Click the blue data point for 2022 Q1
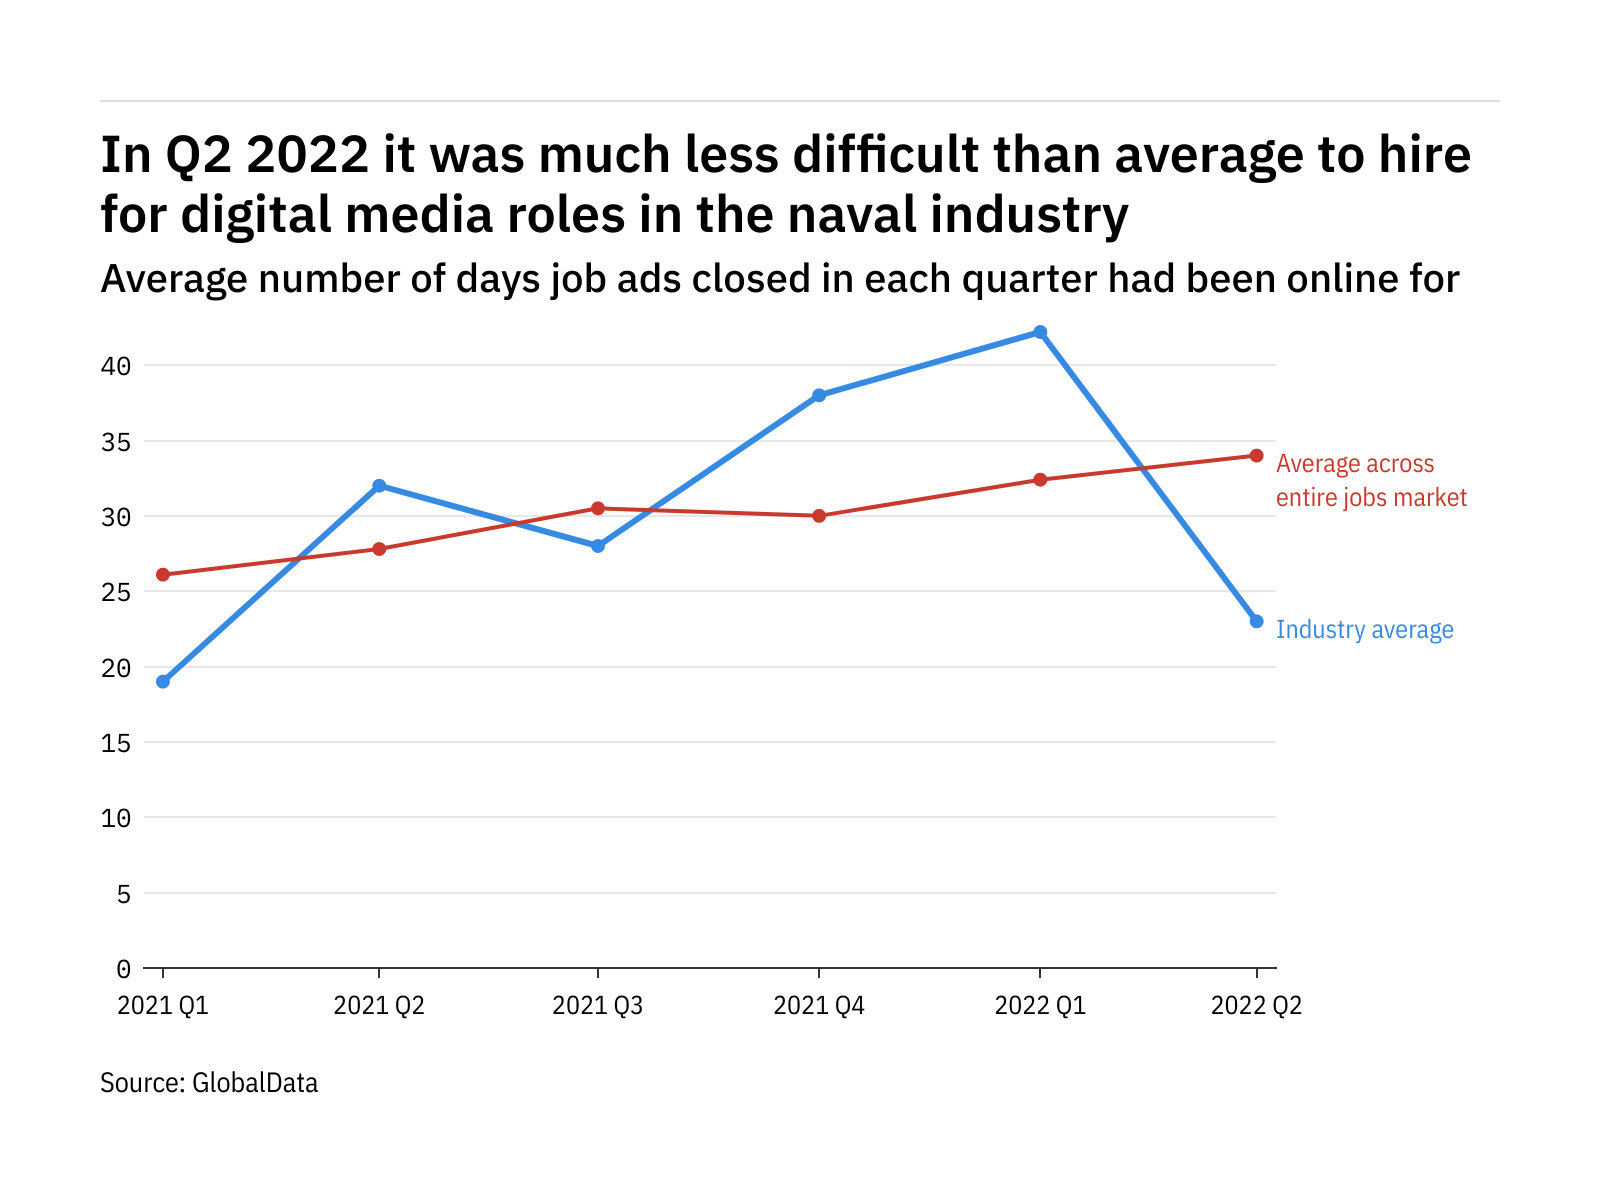point(1040,332)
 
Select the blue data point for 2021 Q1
point(163,682)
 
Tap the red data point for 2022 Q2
point(1257,456)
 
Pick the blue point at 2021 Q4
point(819,395)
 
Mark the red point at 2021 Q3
point(598,508)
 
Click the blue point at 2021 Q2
point(379,486)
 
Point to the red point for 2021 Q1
point(163,575)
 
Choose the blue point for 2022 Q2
point(1257,622)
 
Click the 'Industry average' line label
point(1364,630)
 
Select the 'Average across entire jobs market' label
point(1370,481)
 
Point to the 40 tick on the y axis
point(116,366)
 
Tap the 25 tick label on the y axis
point(116,592)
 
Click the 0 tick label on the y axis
point(123,969)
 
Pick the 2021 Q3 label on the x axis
point(598,1006)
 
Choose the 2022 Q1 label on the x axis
point(1040,1006)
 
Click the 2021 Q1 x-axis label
point(163,1006)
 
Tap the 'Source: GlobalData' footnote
point(209,1083)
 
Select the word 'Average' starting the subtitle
point(173,279)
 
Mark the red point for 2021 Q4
point(819,516)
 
